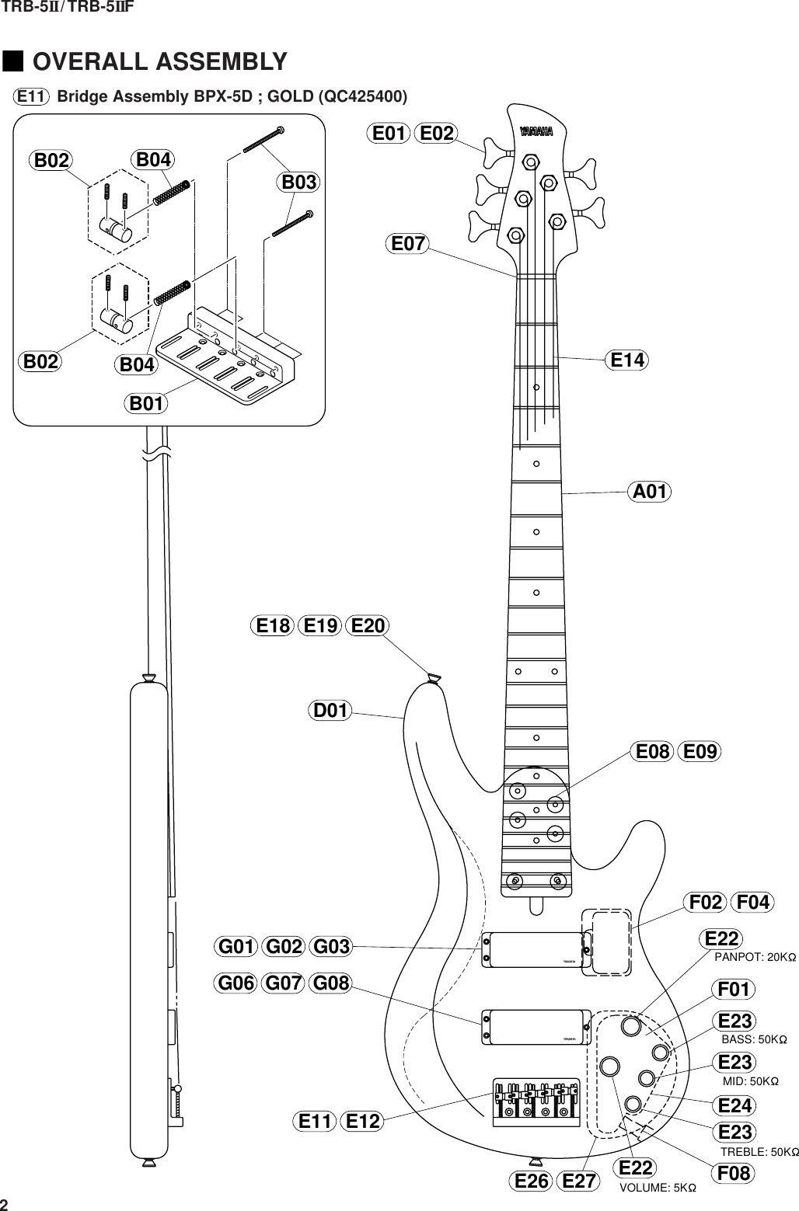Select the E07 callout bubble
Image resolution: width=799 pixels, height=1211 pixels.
pos(407,244)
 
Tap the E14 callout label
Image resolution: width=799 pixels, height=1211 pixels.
pos(629,360)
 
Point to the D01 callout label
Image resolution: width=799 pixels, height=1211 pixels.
pos(330,710)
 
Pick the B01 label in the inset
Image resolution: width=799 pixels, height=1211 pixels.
pos(147,404)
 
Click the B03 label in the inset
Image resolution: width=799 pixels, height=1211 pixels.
pos(299,183)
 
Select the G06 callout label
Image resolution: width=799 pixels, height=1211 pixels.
pos(236,983)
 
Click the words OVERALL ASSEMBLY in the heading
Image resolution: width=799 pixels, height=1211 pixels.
pos(160,61)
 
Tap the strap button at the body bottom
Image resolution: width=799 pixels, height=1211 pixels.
pos(534,1162)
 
